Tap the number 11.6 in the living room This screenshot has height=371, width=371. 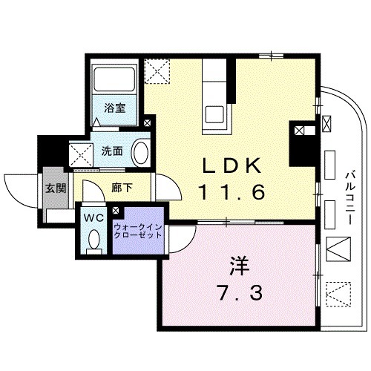[x=232, y=193]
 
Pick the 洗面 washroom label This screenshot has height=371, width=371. [x=112, y=151]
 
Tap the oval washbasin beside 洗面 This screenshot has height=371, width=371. [x=140, y=154]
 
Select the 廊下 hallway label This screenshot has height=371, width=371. [x=123, y=188]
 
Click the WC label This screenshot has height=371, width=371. [x=93, y=219]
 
